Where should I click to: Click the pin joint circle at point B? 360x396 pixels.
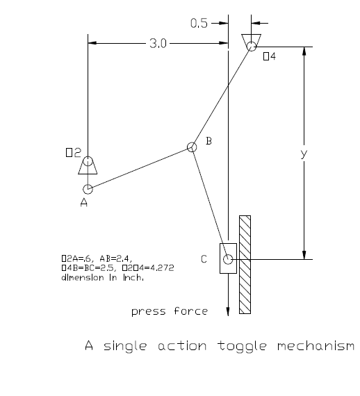[x=192, y=147]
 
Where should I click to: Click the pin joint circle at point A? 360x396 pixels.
[x=88, y=189]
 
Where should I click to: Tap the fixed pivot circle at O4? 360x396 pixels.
[x=250, y=47]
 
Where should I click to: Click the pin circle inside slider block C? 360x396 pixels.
[x=228, y=260]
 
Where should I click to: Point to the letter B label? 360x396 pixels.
[x=208, y=142]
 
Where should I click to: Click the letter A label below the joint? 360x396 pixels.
[x=83, y=204]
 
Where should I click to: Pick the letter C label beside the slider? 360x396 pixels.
[x=204, y=259]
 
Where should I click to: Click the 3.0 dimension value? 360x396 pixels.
[x=158, y=44]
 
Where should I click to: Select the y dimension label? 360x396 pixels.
[x=303, y=154]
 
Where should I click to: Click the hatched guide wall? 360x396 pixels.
[x=245, y=263]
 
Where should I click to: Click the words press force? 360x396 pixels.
[x=170, y=311]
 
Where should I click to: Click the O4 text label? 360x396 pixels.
[x=270, y=56]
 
